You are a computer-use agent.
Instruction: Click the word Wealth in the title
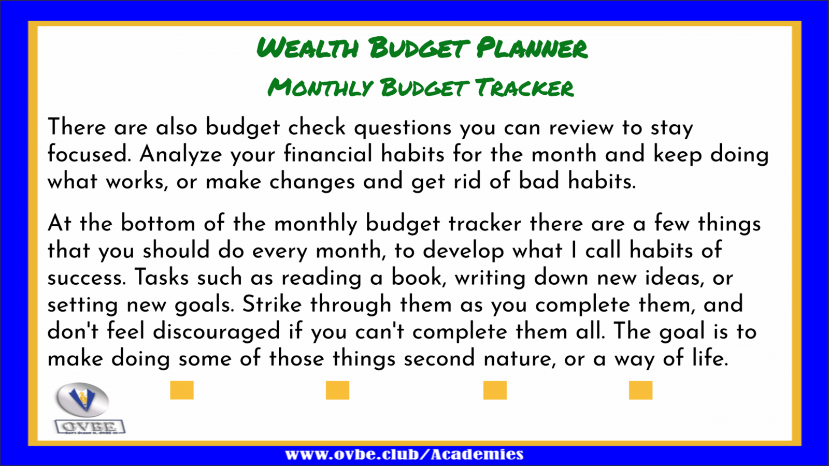click(x=308, y=48)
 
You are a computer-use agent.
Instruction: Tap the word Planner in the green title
click(x=532, y=48)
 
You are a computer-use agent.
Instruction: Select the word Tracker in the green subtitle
click(x=524, y=88)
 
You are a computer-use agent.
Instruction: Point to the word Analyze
click(x=181, y=155)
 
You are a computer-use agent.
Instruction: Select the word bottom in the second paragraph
click(x=158, y=223)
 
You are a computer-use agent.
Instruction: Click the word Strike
click(x=272, y=304)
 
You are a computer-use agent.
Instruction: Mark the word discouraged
click(x=217, y=331)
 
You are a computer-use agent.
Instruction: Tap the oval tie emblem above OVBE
click(x=82, y=399)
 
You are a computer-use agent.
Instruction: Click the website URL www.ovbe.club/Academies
click(x=404, y=454)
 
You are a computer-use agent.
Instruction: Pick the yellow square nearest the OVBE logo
click(x=182, y=390)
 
